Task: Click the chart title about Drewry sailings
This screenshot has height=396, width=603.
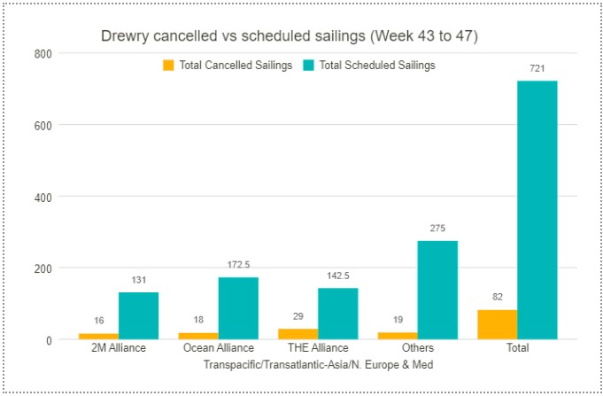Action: click(289, 36)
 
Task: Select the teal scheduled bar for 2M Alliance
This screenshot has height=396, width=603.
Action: click(138, 315)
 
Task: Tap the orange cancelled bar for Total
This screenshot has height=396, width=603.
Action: click(496, 324)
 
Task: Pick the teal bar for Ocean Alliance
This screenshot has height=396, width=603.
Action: click(238, 308)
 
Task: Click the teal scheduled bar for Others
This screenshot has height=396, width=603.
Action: click(437, 290)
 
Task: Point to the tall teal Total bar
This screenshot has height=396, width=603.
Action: click(537, 210)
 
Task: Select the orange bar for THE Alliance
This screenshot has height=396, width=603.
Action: click(298, 334)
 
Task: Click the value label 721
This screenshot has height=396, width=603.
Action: click(537, 69)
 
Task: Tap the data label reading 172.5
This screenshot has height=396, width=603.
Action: click(238, 265)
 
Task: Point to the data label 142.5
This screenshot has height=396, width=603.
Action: click(337, 276)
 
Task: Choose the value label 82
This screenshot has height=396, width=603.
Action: click(496, 298)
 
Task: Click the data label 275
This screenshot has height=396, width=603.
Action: click(437, 229)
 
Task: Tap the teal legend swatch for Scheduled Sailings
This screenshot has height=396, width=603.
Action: click(308, 66)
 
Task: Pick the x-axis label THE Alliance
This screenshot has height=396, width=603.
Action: click(317, 348)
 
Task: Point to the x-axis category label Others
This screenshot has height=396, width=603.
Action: click(417, 348)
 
